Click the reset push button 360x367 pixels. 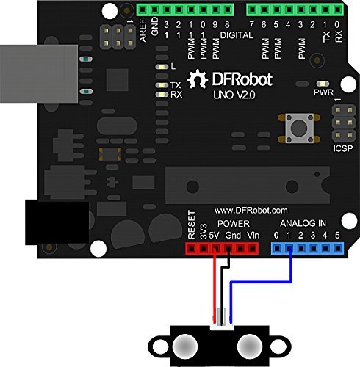299,128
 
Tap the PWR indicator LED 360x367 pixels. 323,84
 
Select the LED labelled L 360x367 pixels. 162,67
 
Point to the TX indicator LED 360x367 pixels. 162,85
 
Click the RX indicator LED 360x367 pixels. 162,95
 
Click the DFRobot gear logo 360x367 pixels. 198,79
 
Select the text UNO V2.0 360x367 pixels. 234,95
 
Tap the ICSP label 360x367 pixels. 343,148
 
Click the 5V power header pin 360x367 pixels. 215,249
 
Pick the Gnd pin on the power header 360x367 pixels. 228,249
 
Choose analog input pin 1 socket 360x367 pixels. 289,249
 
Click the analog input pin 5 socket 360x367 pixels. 338,249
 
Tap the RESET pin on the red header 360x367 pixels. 191,249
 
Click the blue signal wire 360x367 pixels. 260,283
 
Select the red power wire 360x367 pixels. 215,286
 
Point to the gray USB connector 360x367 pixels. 39,74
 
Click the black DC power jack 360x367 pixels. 57,222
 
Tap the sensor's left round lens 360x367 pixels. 185,347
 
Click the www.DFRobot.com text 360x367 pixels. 251,211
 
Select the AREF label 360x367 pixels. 143,31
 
